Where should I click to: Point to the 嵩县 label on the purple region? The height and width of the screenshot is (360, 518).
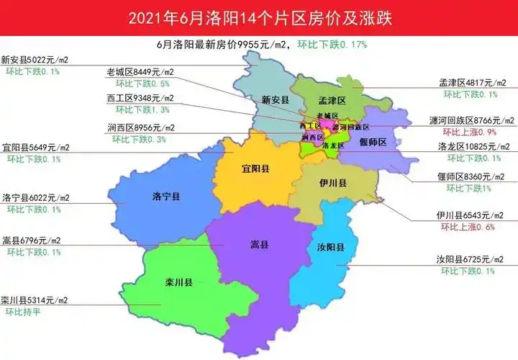260,246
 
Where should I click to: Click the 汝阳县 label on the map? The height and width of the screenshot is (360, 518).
330,247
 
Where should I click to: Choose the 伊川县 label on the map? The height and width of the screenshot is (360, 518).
334,184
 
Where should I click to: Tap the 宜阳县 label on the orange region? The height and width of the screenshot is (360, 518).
255,170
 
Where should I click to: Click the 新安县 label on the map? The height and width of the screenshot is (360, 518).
275,100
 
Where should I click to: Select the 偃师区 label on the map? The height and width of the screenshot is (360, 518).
373,143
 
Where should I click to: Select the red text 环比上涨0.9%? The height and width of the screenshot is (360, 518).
468,132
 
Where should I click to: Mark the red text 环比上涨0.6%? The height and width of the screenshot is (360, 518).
468,228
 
